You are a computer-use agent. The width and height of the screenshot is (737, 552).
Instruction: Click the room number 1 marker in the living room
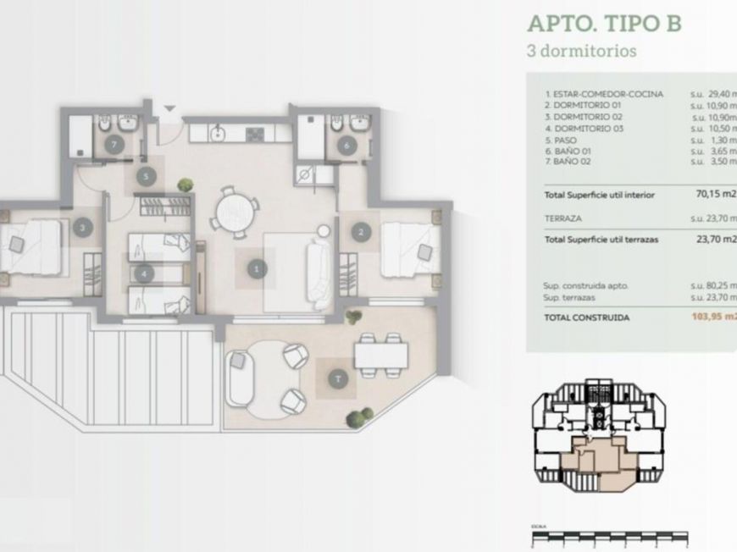click(255, 269)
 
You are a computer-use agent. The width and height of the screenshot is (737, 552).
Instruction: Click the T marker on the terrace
click(338, 379)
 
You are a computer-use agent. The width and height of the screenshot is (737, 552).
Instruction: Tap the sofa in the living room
click(320, 273)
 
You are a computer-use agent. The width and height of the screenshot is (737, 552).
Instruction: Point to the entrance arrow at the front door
click(168, 108)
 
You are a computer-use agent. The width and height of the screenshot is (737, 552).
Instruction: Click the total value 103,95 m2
click(713, 317)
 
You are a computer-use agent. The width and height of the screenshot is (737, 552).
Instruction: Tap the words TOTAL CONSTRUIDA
click(588, 317)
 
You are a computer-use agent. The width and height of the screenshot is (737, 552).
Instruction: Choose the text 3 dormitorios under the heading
click(581, 50)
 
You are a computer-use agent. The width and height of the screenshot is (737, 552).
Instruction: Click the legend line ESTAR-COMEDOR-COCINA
click(604, 94)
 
